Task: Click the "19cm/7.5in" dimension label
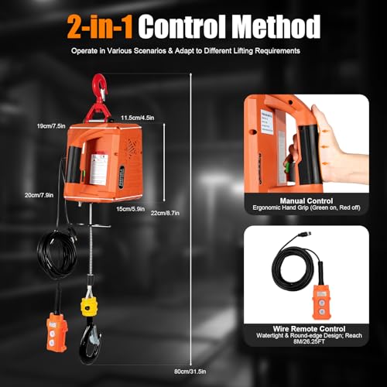[50, 125]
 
